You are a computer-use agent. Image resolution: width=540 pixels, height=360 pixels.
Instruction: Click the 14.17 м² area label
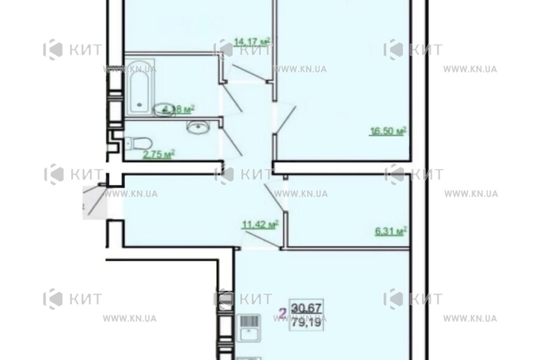[x=252, y=41]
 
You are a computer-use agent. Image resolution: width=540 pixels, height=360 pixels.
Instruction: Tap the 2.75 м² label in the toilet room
[x=158, y=154]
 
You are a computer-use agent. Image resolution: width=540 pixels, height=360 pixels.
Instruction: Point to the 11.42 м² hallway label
[x=259, y=225]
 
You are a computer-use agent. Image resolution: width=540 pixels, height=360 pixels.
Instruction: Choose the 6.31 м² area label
[x=391, y=230]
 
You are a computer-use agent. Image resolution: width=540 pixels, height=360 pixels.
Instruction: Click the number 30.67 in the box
[x=306, y=308]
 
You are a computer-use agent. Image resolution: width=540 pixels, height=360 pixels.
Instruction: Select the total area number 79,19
[x=306, y=322]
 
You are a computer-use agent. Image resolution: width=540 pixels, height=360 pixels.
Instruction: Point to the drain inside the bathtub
[x=140, y=106]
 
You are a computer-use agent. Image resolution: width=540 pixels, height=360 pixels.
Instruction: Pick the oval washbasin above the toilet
[x=196, y=127]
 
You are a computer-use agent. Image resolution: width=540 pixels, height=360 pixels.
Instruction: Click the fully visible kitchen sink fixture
[x=247, y=327]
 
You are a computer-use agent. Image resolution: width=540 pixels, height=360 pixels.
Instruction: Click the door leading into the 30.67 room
[x=262, y=240]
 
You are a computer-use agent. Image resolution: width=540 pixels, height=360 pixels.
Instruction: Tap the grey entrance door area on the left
[x=95, y=202]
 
